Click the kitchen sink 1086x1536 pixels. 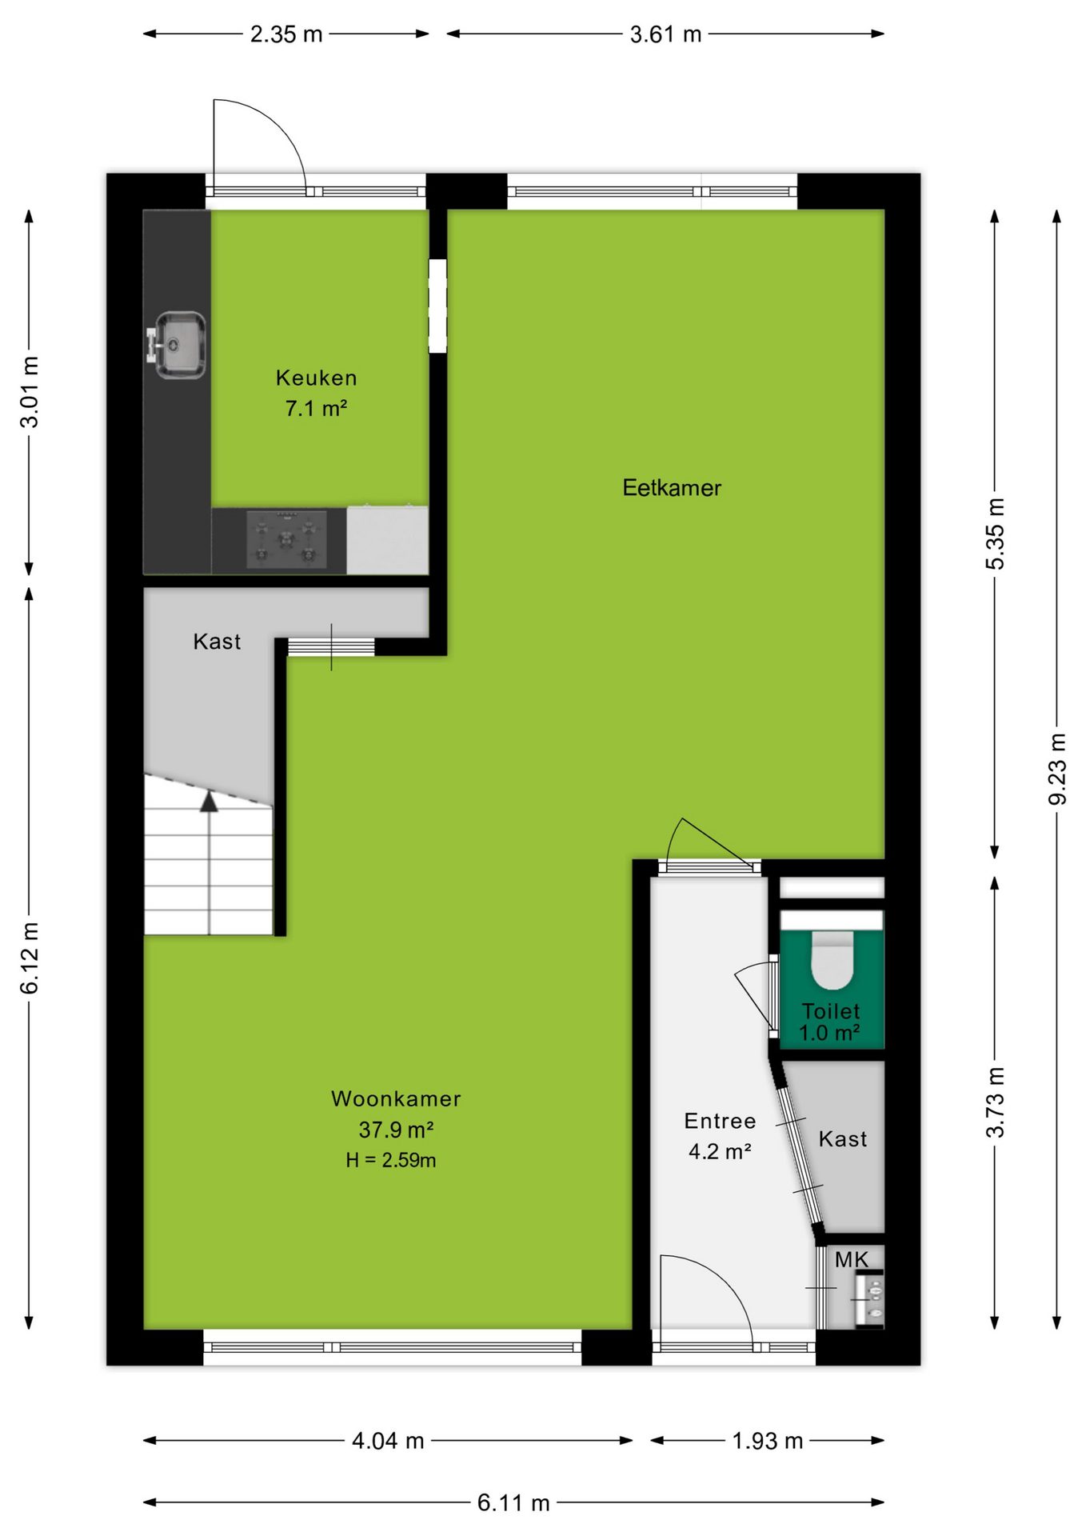tap(178, 345)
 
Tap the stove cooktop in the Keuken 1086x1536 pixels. tap(286, 540)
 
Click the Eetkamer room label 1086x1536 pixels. tap(672, 488)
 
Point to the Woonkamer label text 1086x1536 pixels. tap(396, 1098)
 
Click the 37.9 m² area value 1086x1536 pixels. tap(396, 1130)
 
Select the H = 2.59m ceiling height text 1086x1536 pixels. tap(391, 1160)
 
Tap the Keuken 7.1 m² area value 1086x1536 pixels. tap(316, 408)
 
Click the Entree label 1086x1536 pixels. tap(720, 1121)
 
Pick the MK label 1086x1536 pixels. tap(851, 1260)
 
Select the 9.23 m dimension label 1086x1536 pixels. tap(1057, 770)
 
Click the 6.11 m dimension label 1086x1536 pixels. tap(513, 1503)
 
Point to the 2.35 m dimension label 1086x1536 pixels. tap(286, 34)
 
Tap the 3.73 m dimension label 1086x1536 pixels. tap(995, 1102)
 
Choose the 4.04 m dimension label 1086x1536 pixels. tap(388, 1441)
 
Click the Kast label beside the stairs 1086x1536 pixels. tap(217, 642)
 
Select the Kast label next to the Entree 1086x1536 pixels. tap(843, 1138)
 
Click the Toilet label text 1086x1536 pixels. tap(831, 1011)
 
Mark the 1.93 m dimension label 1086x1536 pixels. tap(768, 1441)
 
